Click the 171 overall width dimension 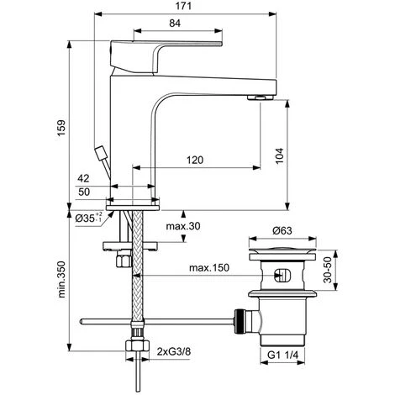coord(183,6)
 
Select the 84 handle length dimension coord(175,24)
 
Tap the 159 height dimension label coord(61,128)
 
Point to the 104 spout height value coord(279,155)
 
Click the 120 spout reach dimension coord(195,160)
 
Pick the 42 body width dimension coord(83,178)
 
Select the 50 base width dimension coord(84,192)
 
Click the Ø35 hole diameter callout coord(88,218)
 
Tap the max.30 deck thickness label coord(183,226)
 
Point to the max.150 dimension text coord(209,268)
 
